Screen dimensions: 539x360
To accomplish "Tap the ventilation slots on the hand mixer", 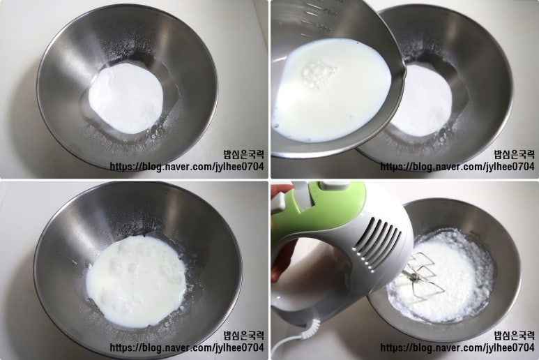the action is [377, 242].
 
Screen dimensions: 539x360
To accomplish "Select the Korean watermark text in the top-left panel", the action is [244, 154].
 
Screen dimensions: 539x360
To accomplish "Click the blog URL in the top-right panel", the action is [457, 167].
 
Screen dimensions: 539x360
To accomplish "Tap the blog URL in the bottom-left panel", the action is [187, 347].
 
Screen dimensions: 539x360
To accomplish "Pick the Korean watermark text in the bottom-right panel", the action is [515, 335].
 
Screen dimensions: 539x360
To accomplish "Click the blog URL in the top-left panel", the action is [187, 167].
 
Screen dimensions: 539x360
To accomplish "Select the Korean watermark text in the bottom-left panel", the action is [244, 335].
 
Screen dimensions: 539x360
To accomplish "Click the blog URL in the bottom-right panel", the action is [457, 347].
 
